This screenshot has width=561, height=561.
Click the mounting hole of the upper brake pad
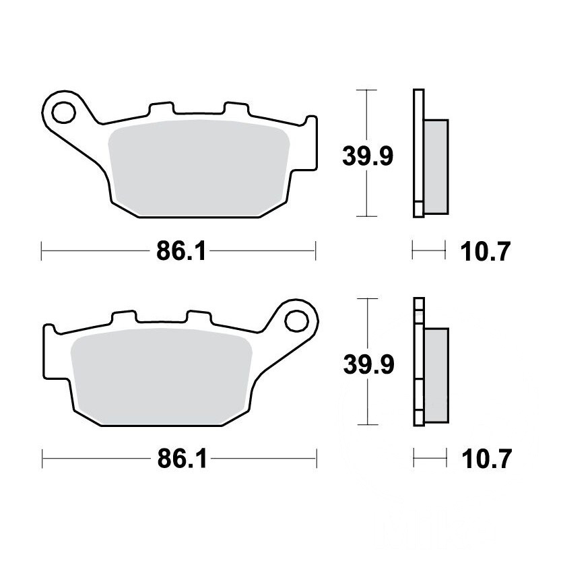(63, 112)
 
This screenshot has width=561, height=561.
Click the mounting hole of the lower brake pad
(296, 321)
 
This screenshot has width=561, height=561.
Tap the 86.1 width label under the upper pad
(181, 251)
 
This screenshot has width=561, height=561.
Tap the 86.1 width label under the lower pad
(183, 459)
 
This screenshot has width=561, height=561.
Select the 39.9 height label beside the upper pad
(368, 156)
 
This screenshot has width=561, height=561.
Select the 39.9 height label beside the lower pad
(368, 364)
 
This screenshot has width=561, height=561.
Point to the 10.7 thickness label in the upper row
(485, 251)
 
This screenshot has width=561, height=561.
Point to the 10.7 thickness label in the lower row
(486, 459)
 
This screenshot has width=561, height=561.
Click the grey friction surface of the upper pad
(199, 168)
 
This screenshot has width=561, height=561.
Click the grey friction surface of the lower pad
(162, 376)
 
